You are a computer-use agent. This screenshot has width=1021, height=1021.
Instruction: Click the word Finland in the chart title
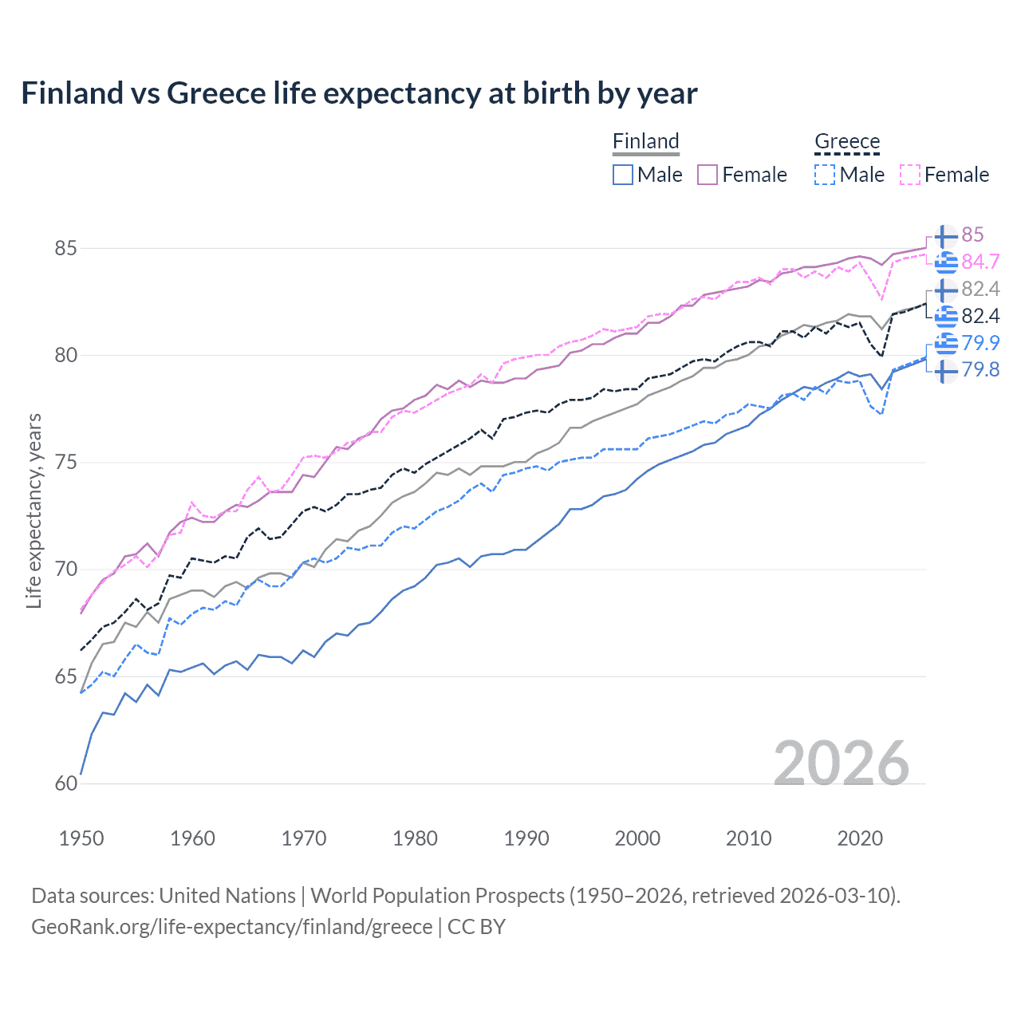(72, 93)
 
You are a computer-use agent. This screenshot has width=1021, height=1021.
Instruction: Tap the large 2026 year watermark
(841, 763)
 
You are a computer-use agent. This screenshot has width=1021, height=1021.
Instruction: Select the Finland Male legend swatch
(623, 175)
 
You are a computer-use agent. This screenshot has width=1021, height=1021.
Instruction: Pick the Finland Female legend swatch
(708, 175)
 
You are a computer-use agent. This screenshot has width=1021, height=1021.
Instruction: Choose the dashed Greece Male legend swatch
(825, 175)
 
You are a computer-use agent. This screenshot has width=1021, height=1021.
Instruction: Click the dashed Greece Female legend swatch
(910, 175)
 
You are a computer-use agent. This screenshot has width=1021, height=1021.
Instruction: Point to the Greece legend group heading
(847, 141)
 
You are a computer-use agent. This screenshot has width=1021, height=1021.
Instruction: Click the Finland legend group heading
(645, 141)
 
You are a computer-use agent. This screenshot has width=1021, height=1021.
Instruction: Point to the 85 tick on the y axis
(65, 248)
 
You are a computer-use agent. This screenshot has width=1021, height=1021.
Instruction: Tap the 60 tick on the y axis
(65, 783)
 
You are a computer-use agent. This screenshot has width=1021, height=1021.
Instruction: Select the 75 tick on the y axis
(65, 463)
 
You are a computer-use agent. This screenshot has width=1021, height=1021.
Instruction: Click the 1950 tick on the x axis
(81, 838)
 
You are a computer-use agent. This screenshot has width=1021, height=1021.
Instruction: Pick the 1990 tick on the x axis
(526, 838)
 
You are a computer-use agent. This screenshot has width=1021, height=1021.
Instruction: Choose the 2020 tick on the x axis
(860, 838)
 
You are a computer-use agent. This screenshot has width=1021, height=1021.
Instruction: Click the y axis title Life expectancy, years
(34, 510)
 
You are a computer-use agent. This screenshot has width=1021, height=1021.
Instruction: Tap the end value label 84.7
(980, 262)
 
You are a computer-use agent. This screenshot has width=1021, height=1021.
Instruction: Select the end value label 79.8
(980, 369)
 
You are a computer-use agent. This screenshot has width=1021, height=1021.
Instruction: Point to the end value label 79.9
(980, 343)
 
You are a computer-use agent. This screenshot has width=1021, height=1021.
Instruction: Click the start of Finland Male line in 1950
(81, 774)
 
